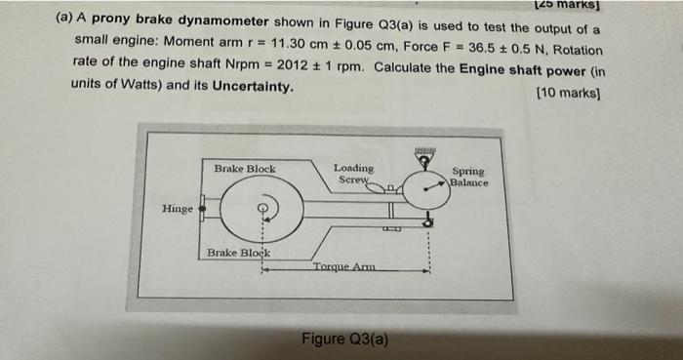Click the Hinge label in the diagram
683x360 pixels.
pos(177,208)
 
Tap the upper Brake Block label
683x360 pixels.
pos(244,169)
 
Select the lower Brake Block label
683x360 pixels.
pos(238,253)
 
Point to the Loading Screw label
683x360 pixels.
pos(352,174)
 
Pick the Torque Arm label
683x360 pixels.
pos(343,267)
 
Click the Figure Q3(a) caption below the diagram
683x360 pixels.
pos(344,340)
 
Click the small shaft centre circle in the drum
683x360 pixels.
pos(261,206)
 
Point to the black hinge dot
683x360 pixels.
pos(201,207)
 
